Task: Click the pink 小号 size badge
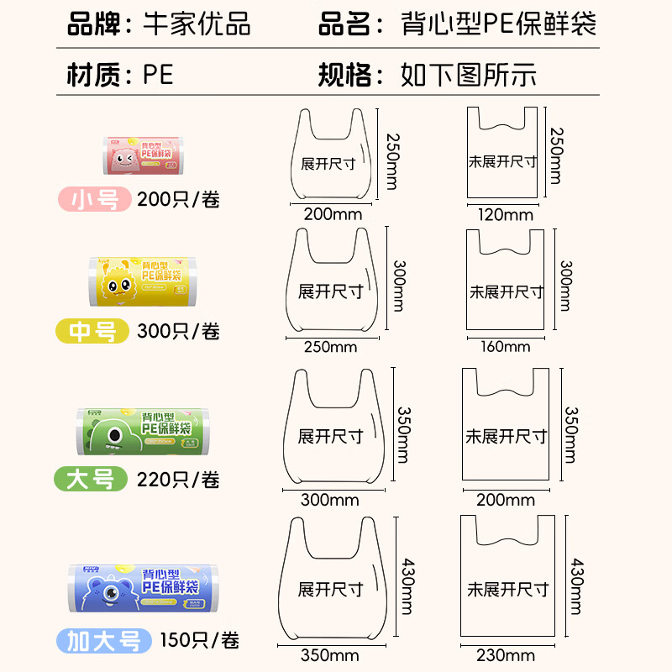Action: [x=93, y=200]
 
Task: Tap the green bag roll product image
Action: [x=142, y=432]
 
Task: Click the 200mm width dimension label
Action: [x=333, y=214]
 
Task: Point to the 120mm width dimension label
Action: [x=505, y=214]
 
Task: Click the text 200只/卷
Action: [x=179, y=200]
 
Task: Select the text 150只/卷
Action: [x=199, y=641]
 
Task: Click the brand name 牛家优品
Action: [x=198, y=24]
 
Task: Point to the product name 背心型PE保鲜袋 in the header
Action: [x=498, y=24]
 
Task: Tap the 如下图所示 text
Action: [x=468, y=75]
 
